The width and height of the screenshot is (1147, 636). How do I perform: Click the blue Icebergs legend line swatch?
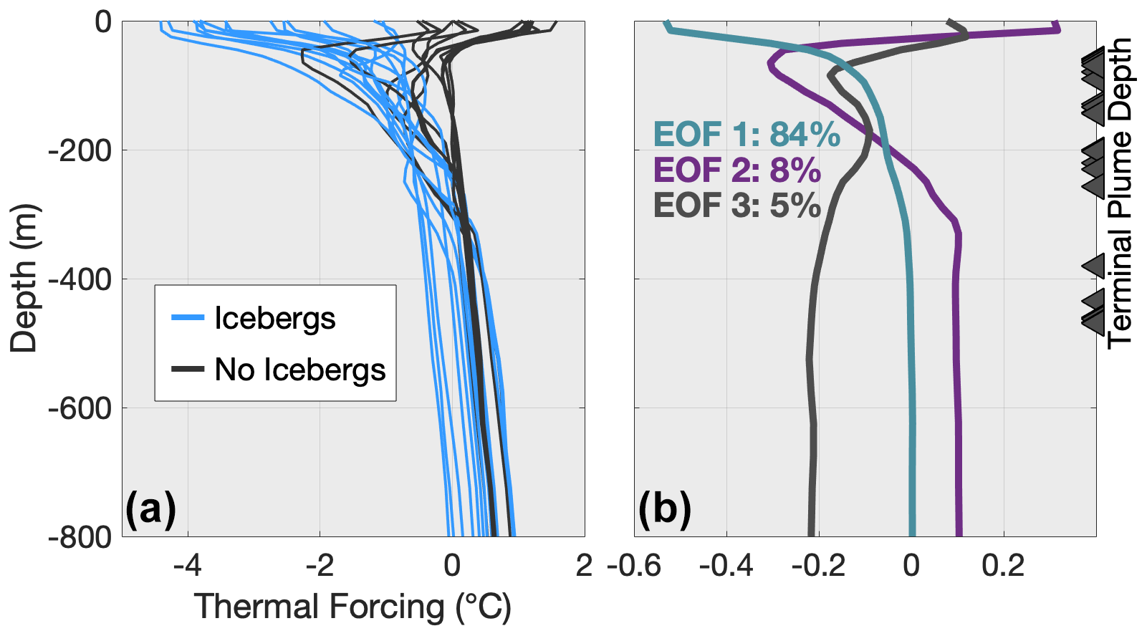pos(188,317)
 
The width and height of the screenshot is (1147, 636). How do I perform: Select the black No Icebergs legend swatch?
pos(188,370)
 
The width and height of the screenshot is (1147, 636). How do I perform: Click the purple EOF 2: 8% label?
pos(736,170)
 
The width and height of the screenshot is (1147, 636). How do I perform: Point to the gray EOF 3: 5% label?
pos(736,206)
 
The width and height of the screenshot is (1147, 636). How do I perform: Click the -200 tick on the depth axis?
pos(79,150)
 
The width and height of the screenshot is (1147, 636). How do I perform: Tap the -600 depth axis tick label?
pos(79,408)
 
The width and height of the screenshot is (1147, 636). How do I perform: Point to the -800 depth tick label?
pos(79,537)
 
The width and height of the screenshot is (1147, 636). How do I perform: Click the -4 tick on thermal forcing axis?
pos(188,566)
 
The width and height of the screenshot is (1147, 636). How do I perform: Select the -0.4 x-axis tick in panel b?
pos(726,566)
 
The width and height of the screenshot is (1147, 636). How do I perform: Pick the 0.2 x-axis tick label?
pos(1003,566)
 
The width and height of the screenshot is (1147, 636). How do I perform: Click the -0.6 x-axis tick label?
pos(634,566)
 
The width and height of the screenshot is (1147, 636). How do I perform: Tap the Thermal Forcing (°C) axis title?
pos(352,607)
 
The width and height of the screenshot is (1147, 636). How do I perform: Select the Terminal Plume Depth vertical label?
pos(1119,193)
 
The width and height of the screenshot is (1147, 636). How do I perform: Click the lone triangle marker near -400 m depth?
pos(1094,266)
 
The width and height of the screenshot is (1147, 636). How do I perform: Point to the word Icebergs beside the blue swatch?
pos(274,318)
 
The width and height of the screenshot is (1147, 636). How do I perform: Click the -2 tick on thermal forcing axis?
pos(320,566)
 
